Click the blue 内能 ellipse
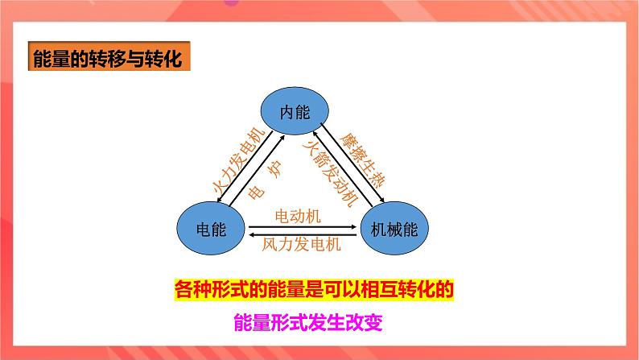pos(295,112)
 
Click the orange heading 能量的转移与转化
pos(106,60)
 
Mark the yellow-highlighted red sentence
pos(319,288)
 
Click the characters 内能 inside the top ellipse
pos(295,112)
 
